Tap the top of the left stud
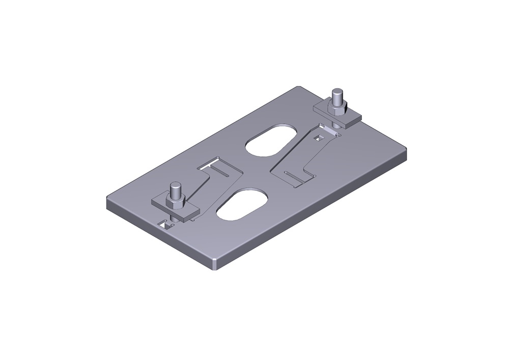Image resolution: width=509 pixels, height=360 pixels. point(176,185)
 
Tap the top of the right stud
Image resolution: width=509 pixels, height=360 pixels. point(337,92)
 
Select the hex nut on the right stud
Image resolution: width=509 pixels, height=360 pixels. point(337,108)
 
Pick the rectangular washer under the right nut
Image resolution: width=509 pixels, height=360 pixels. point(351,119)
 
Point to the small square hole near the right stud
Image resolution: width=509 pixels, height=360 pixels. point(320,137)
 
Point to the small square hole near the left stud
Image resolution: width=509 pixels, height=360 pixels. point(165,223)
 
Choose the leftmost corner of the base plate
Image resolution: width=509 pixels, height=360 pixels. point(107,200)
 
